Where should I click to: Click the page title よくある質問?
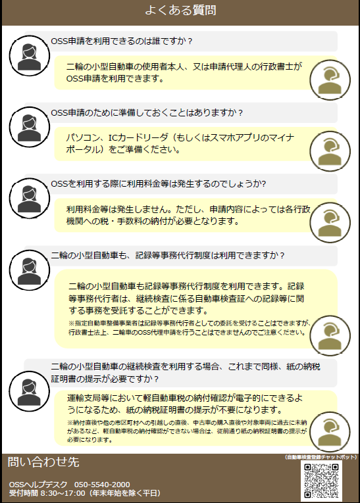180,11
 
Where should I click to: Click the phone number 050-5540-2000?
102,485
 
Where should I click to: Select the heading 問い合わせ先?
43,462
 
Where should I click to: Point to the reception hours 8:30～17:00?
63,493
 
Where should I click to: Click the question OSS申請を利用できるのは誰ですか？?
122,41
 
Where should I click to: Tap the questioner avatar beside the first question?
29,56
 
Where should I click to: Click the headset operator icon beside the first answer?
330,80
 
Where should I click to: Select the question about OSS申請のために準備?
147,112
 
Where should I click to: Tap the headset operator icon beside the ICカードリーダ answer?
330,151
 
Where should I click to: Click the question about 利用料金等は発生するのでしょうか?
159,184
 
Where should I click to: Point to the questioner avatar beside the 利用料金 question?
29,199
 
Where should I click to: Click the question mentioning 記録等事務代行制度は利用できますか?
168,255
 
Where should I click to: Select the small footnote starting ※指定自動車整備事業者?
190,327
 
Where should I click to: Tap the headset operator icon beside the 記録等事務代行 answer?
330,335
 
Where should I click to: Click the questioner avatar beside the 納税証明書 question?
29,391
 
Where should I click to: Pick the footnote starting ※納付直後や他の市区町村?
187,431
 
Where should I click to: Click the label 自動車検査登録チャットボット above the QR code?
321,457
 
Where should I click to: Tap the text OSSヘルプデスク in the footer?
38,485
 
